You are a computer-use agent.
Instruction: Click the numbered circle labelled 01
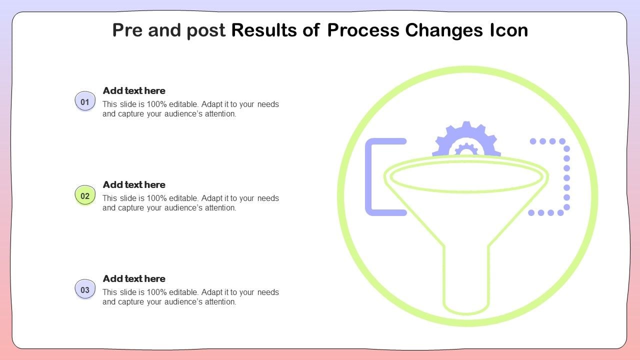point(85,101)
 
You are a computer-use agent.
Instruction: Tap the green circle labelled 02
point(85,195)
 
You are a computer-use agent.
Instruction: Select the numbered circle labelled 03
point(85,289)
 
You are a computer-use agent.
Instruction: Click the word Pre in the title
point(127,30)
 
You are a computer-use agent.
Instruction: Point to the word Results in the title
point(264,30)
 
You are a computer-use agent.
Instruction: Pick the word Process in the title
point(363,30)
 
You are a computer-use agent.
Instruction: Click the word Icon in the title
point(509,30)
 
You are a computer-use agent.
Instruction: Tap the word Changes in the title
point(444,31)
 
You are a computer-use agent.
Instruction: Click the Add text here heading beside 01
point(134,90)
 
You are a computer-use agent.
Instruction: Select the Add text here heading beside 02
point(134,184)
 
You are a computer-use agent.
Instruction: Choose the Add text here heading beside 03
point(134,278)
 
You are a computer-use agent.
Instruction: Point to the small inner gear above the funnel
point(466,149)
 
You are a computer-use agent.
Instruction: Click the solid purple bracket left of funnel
point(368,177)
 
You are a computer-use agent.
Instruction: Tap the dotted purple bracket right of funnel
point(567,177)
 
